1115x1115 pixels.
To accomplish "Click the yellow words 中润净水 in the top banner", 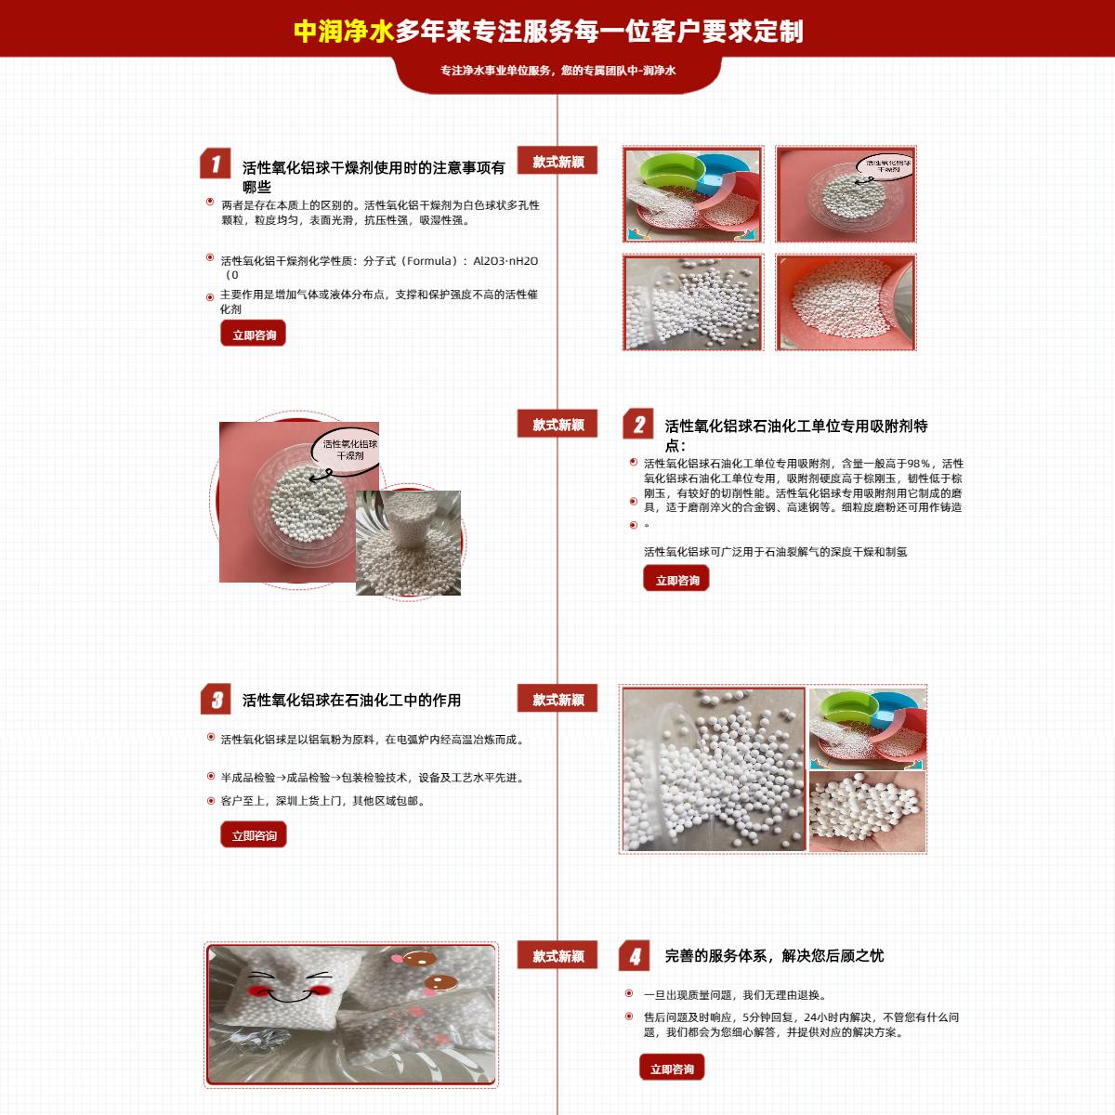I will tap(344, 32).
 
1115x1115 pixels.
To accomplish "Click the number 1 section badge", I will tap(215, 164).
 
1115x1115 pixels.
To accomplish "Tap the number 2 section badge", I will tap(638, 425).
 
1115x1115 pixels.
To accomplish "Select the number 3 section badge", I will tap(216, 700).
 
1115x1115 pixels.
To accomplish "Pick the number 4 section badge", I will tap(635, 956).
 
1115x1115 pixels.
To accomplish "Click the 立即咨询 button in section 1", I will tap(253, 334).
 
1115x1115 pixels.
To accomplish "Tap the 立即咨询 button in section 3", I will tap(254, 835).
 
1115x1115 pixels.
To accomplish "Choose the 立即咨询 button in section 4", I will tap(672, 1069).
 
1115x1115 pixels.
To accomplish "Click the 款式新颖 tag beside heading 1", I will tap(557, 162).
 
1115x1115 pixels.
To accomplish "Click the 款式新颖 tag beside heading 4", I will tap(557, 956).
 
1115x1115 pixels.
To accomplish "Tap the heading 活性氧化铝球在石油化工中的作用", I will tap(351, 701).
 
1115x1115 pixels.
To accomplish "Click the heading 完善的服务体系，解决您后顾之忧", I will tap(774, 955).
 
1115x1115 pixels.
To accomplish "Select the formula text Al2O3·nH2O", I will tap(505, 261).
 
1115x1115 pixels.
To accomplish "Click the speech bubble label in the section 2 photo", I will tap(349, 450).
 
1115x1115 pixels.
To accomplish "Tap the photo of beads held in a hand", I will tap(867, 811).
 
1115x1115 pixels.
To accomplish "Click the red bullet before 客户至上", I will tap(211, 801).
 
